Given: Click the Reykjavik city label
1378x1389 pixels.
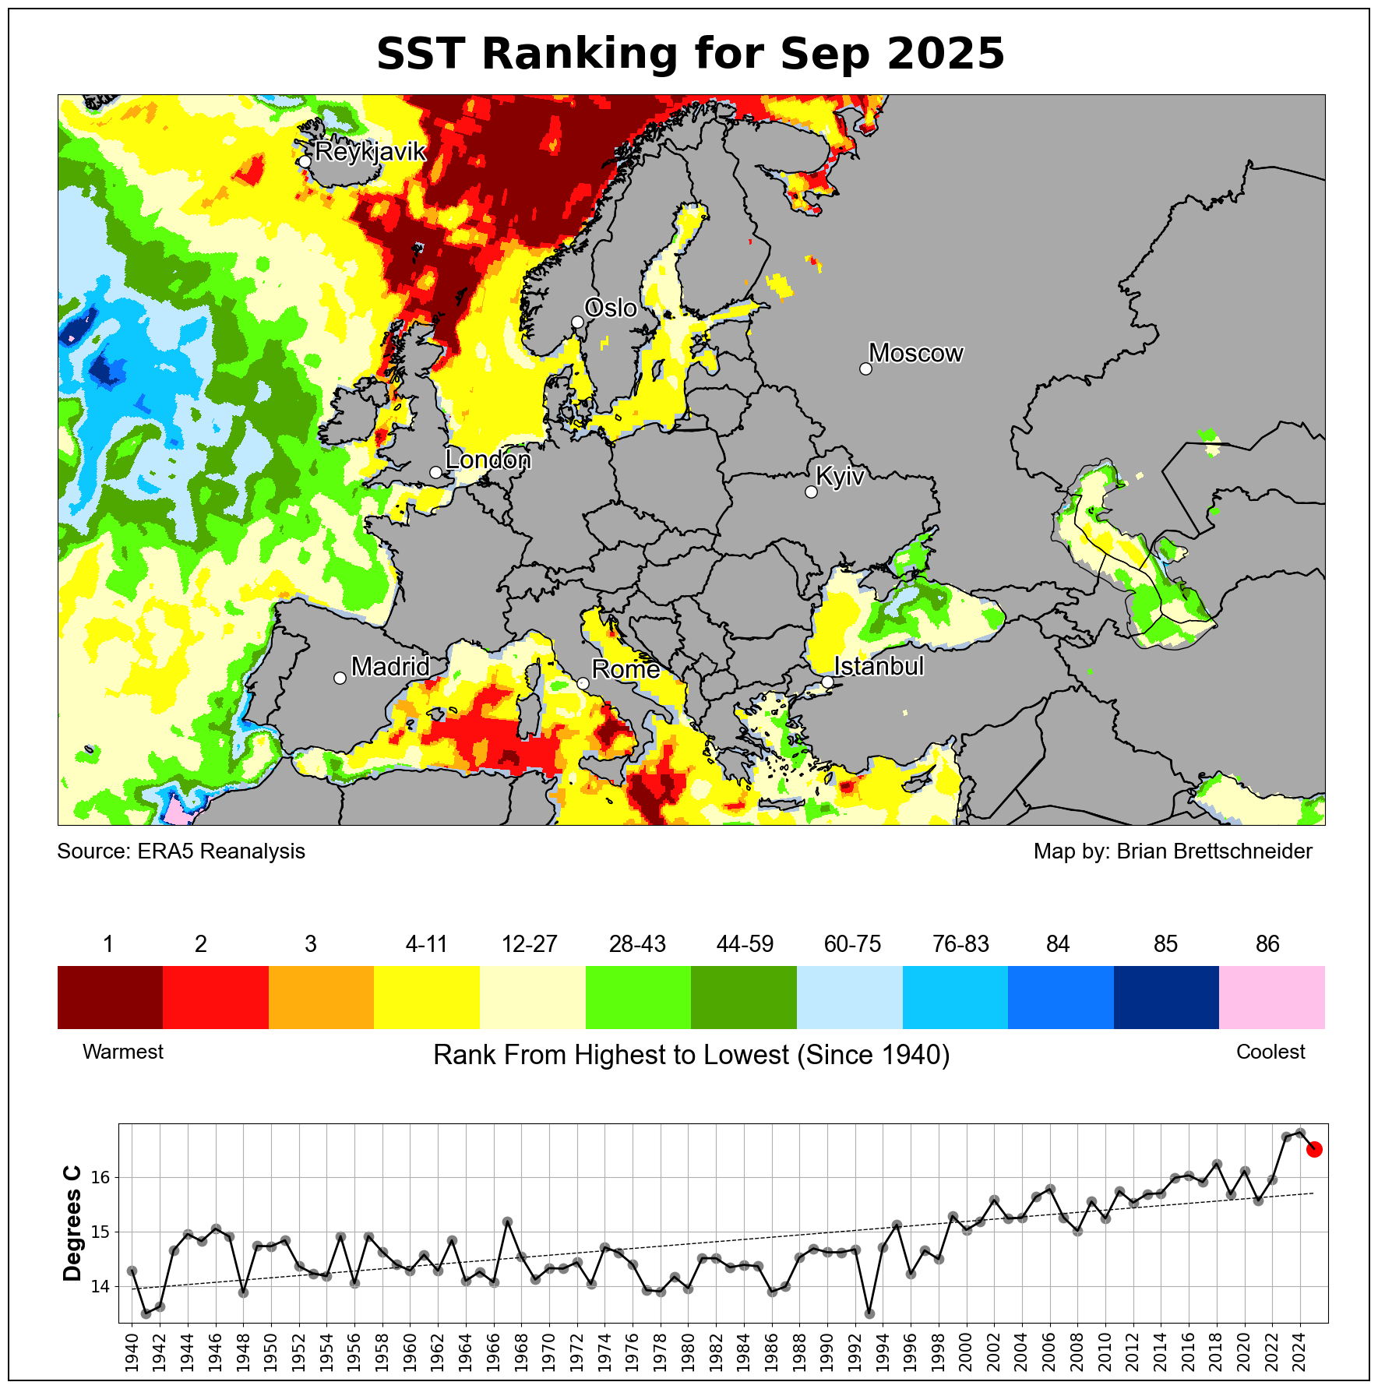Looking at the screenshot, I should [371, 151].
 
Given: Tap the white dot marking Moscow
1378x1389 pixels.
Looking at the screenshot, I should [865, 368].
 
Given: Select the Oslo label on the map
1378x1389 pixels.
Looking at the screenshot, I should [611, 308].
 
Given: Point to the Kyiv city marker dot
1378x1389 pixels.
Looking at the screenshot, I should [811, 492].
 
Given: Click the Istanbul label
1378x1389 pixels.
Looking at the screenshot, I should [879, 666].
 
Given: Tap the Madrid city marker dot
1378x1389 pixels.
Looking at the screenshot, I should [340, 678].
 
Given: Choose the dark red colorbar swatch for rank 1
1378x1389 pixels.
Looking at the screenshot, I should [110, 997].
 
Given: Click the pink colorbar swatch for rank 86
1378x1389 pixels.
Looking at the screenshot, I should [1271, 997].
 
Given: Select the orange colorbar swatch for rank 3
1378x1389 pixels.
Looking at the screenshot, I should [321, 997].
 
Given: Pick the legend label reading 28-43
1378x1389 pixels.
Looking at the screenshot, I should [637, 944].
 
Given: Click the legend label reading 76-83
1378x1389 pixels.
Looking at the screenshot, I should [960, 944].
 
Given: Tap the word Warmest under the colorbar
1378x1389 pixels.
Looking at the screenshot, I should [123, 1052].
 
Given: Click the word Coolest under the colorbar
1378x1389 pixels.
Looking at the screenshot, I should [1271, 1052].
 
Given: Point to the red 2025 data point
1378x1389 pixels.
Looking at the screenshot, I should [1313, 1149].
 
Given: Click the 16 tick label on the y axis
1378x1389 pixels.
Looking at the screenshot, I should [100, 1177].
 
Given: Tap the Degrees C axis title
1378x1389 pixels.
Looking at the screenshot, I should [72, 1223].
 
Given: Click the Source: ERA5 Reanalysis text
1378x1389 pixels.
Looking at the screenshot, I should [181, 851].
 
